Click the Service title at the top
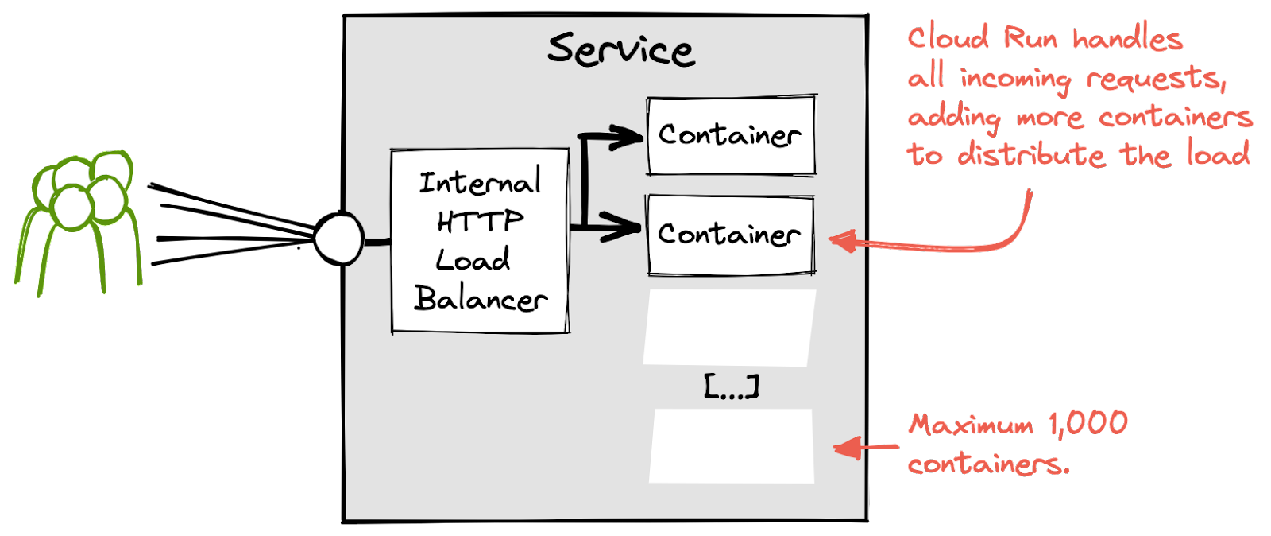pos(620,49)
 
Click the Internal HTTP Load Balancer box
pos(480,240)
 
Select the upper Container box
pos(731,135)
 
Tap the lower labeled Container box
pos(731,235)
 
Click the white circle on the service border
pos(339,239)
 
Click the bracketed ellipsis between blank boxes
pos(732,386)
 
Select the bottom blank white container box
pos(732,446)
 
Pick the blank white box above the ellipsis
pos(729,328)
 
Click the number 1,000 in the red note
pos(1088,424)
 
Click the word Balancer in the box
pos(481,299)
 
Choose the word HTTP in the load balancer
pos(480,221)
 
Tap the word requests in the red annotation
pos(1156,79)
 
